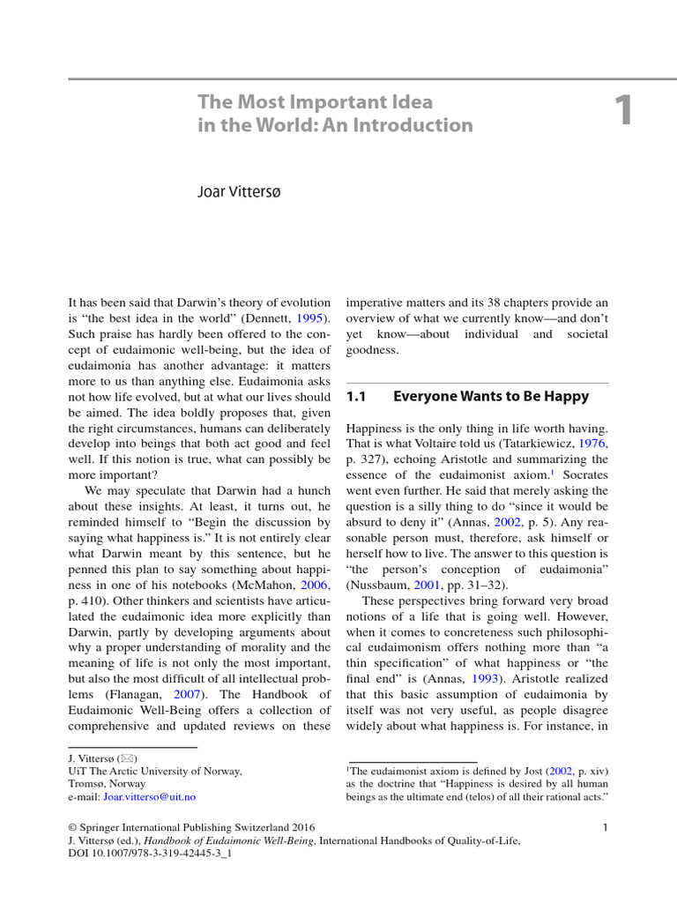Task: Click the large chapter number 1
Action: coord(624,112)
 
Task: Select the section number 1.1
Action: coord(355,397)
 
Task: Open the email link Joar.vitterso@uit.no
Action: coord(150,796)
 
